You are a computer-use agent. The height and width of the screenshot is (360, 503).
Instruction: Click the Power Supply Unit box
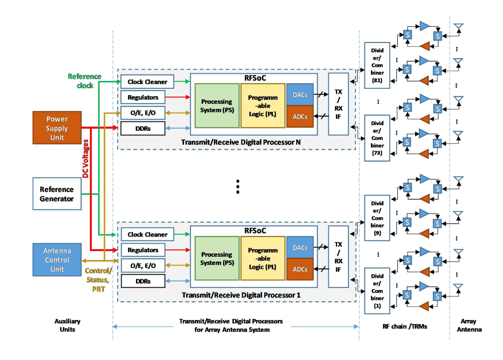click(x=57, y=128)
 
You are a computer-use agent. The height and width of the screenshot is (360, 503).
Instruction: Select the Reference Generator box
click(x=57, y=194)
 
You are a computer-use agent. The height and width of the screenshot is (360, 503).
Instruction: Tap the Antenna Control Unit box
click(x=57, y=260)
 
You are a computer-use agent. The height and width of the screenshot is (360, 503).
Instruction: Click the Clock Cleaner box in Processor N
click(x=147, y=82)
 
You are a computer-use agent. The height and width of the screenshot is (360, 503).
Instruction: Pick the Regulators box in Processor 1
click(x=143, y=250)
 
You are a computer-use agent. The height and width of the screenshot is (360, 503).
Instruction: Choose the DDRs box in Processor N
click(x=143, y=128)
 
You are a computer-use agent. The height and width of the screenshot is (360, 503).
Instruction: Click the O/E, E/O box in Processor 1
click(x=143, y=266)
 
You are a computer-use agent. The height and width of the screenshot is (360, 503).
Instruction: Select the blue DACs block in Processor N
click(x=300, y=95)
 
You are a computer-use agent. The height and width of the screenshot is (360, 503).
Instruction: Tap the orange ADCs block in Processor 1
click(x=300, y=269)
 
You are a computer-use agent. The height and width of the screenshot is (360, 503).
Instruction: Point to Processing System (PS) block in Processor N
click(x=217, y=106)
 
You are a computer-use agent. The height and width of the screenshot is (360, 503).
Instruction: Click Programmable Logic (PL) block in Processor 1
click(x=263, y=259)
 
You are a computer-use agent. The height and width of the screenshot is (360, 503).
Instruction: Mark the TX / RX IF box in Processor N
click(x=338, y=104)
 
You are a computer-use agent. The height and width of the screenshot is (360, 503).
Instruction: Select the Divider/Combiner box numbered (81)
click(x=377, y=65)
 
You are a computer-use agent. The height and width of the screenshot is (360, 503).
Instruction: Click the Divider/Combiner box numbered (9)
click(x=377, y=218)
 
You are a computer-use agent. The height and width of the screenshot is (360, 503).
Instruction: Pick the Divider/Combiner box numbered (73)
click(x=377, y=138)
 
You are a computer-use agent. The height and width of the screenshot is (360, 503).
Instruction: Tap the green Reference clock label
click(x=85, y=81)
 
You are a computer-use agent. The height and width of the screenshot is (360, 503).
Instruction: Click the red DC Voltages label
click(x=86, y=159)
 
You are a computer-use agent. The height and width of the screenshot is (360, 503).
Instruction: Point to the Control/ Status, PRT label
click(x=98, y=280)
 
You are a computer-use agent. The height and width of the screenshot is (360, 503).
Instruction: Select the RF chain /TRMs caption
click(x=405, y=326)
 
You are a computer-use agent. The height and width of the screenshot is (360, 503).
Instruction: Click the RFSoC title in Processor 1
click(x=255, y=231)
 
